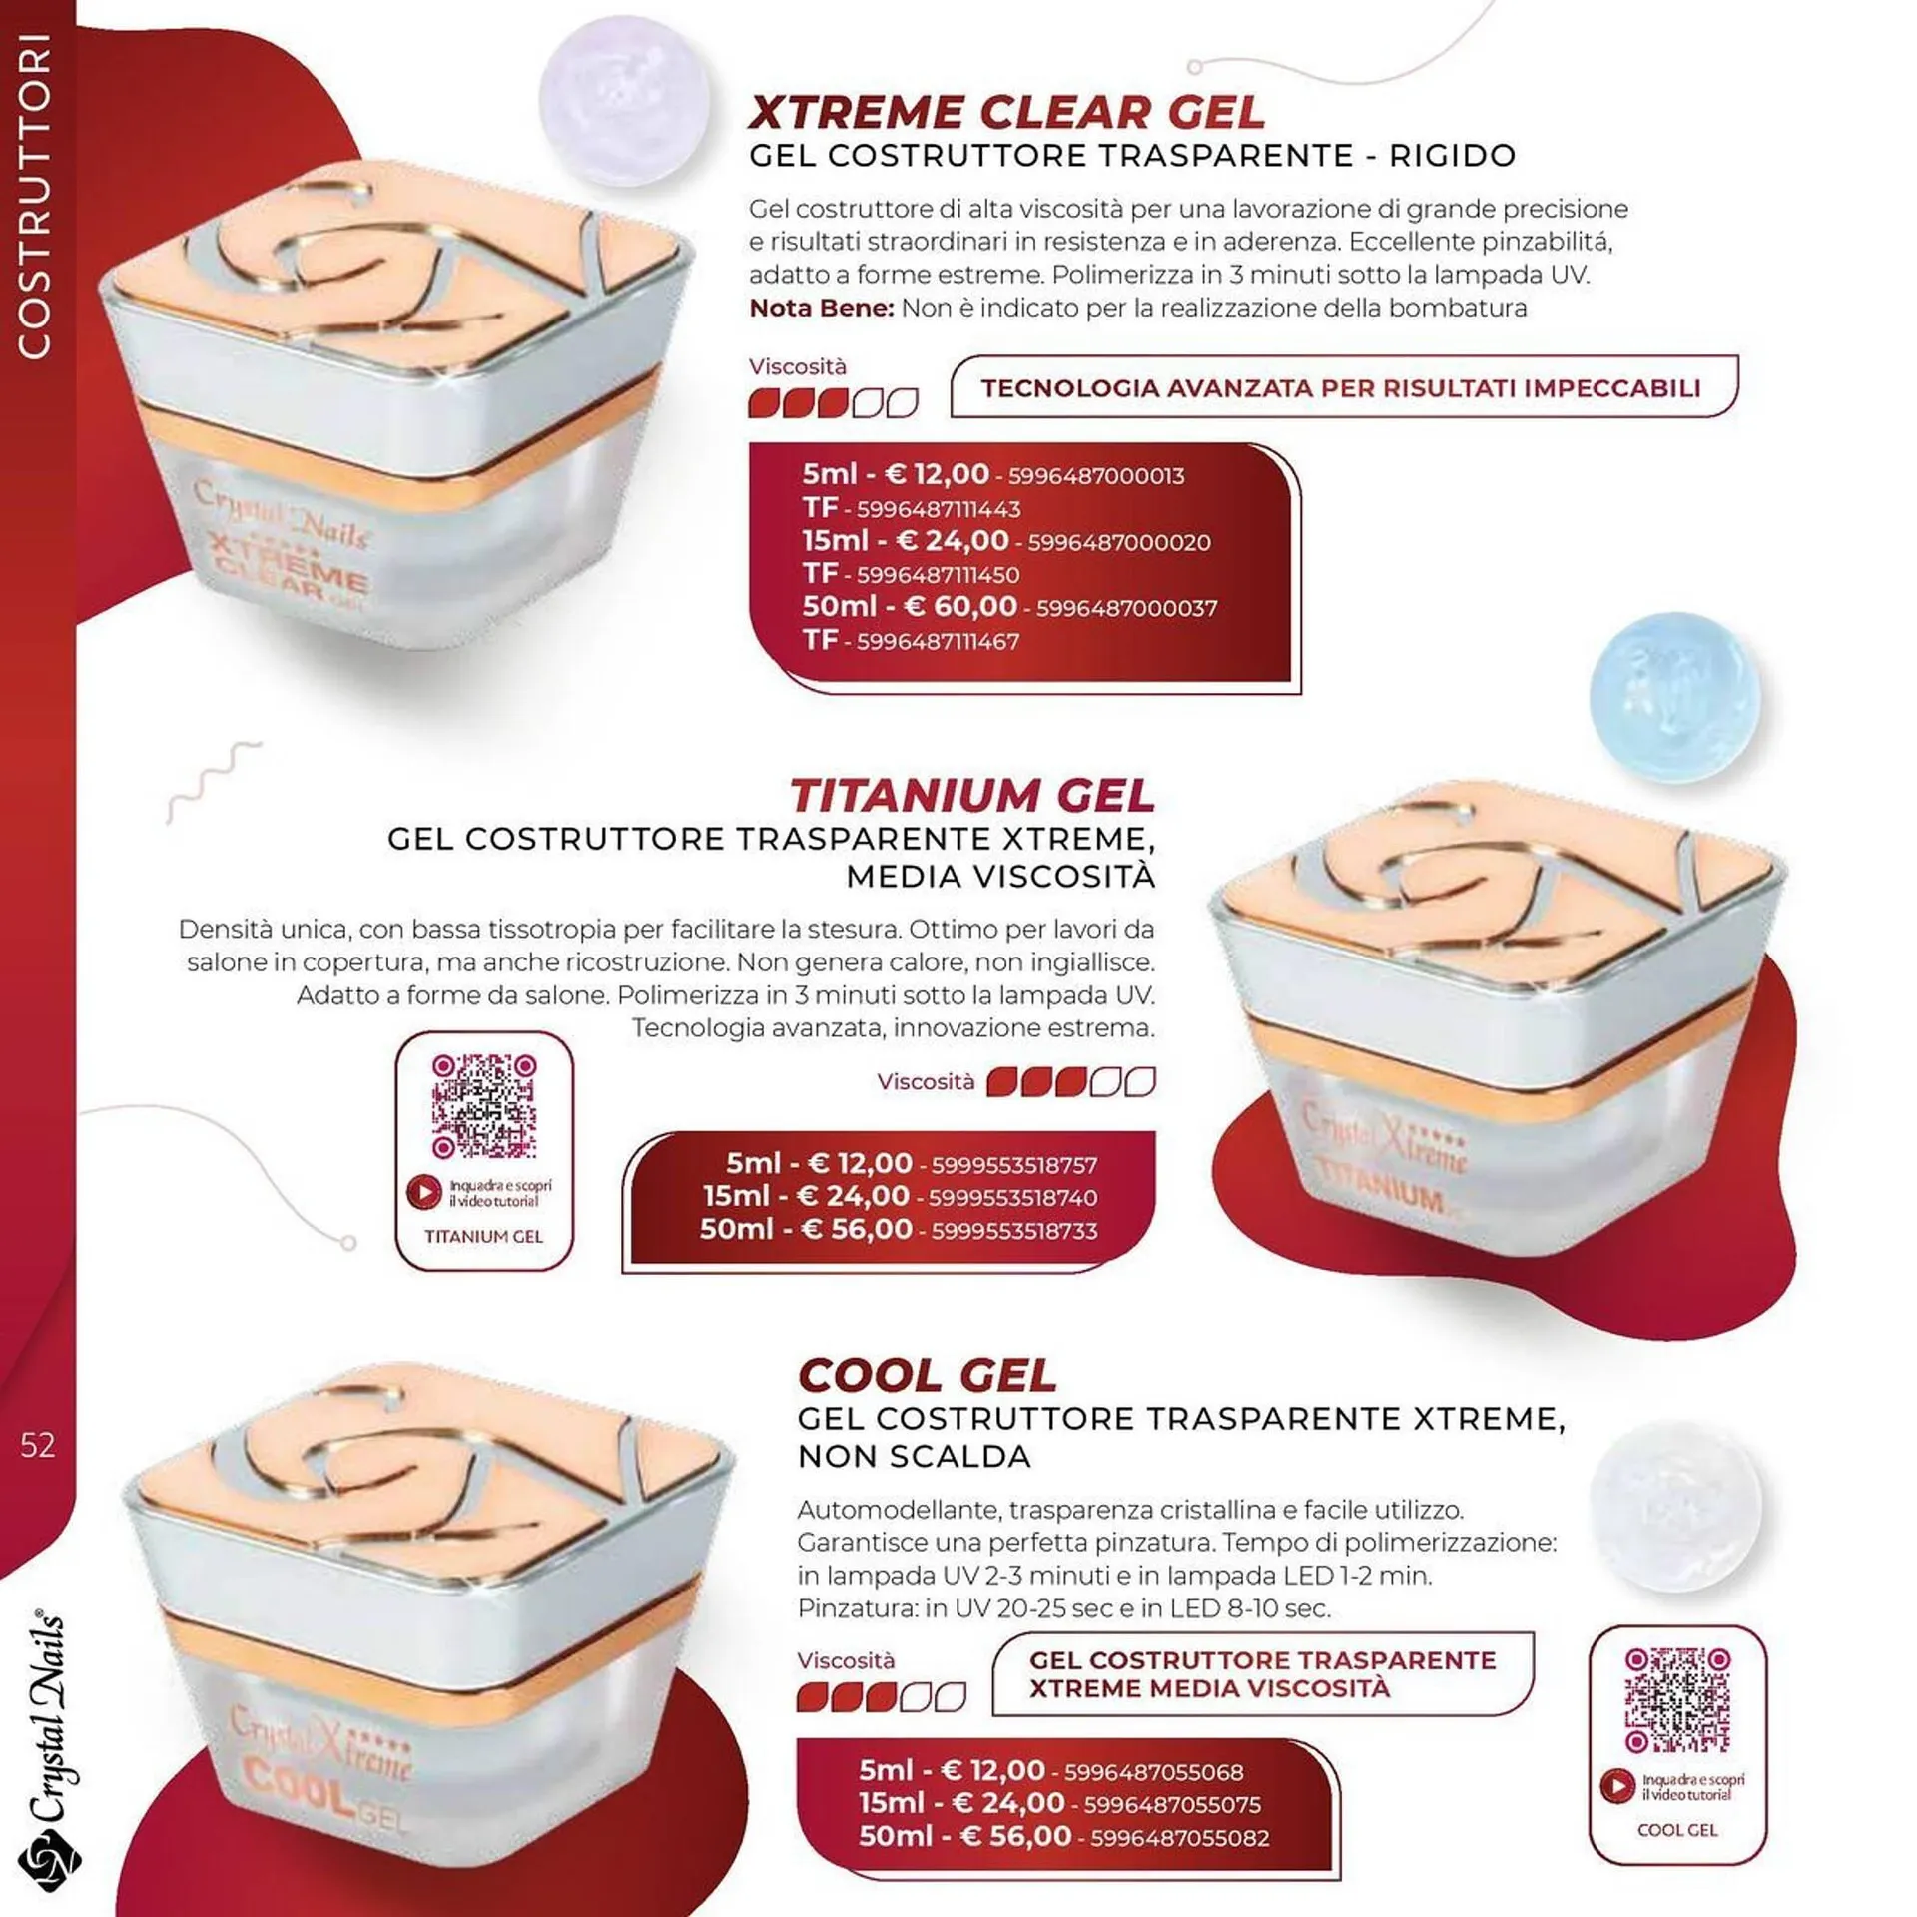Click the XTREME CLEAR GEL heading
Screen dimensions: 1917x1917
coord(1006,112)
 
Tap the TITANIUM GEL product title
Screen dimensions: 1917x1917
coord(971,796)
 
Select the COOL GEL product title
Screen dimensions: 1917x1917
coord(927,1376)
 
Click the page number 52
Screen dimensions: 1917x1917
coord(38,1445)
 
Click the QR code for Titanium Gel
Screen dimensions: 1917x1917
coord(484,1106)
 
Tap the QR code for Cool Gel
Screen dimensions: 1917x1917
coord(1677,1701)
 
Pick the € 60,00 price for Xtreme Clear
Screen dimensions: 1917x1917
coord(960,606)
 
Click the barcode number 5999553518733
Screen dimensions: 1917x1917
coord(1014,1231)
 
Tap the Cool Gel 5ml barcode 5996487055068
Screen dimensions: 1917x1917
coord(1153,1772)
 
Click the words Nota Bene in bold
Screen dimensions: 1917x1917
coord(821,308)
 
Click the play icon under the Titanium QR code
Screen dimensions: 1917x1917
coord(423,1192)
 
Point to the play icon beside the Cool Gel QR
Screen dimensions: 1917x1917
coord(1616,1786)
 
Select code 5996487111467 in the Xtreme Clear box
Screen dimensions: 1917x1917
coord(938,642)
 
